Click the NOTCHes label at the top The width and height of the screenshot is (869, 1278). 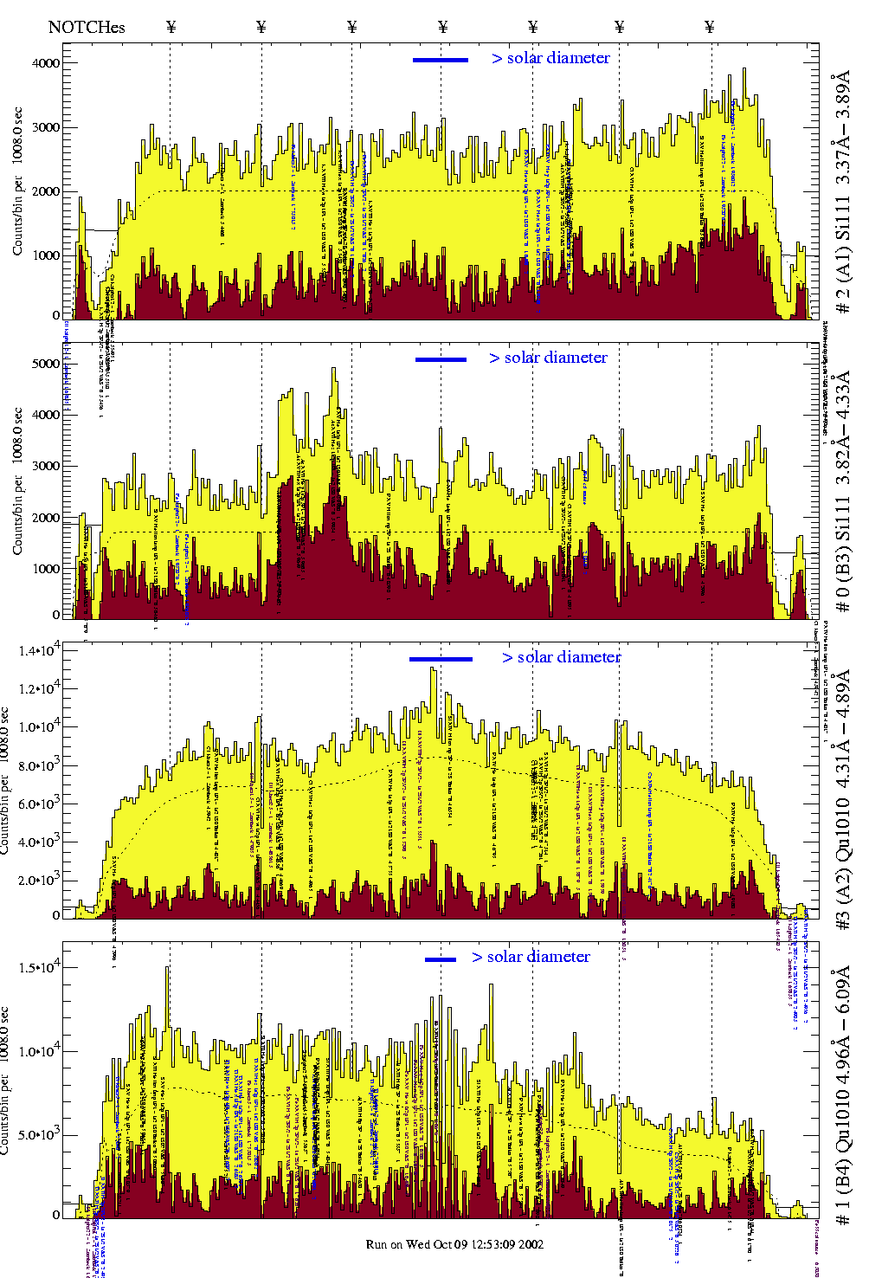[x=87, y=27]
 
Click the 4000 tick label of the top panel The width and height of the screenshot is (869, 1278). [x=46, y=63]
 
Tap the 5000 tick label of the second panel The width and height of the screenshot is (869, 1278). [x=46, y=365]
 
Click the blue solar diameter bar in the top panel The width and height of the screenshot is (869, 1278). [x=441, y=60]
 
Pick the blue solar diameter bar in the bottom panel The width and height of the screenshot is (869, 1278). [x=441, y=959]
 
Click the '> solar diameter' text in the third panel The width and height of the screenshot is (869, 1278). [x=562, y=657]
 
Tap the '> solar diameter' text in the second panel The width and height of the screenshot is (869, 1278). [x=549, y=358]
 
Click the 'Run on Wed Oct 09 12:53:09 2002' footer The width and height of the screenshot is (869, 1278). [x=454, y=1244]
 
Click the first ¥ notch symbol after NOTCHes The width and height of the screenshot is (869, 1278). [x=171, y=27]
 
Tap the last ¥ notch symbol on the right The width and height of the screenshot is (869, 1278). [x=710, y=27]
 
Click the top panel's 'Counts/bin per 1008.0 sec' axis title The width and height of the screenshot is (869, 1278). [x=17, y=182]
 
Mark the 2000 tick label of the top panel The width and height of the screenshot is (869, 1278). [x=46, y=191]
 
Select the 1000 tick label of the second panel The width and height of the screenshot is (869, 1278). [x=46, y=569]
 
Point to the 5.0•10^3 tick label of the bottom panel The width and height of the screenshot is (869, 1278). [x=38, y=1135]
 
